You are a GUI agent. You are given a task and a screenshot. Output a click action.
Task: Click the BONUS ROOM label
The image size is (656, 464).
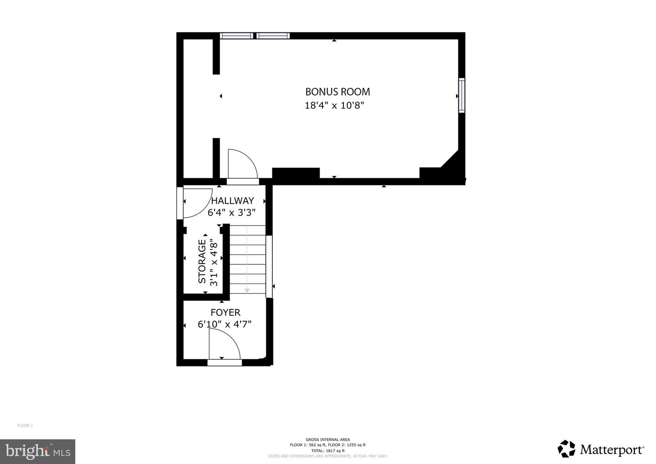(x=337, y=92)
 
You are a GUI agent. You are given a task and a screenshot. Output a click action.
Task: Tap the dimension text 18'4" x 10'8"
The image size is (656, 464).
(x=334, y=106)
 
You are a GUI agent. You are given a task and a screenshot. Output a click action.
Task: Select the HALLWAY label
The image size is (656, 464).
(x=232, y=201)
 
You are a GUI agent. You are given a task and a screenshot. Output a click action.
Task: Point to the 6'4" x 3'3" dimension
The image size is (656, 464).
(x=231, y=212)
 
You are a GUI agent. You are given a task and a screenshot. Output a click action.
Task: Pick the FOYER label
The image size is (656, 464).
(x=225, y=313)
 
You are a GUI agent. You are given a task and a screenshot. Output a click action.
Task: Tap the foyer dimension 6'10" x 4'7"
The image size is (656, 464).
(x=225, y=325)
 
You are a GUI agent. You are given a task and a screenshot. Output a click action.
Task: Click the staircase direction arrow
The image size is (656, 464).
(x=247, y=289)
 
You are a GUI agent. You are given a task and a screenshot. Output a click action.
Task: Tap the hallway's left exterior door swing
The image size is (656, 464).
(x=197, y=202)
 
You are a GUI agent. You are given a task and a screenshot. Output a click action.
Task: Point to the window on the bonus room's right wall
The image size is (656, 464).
(x=461, y=96)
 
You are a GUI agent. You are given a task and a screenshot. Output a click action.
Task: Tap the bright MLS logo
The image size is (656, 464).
(x=37, y=451)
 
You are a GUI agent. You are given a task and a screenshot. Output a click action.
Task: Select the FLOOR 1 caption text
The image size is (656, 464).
(x=25, y=426)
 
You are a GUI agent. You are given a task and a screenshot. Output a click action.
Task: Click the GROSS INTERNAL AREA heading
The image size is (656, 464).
(x=328, y=439)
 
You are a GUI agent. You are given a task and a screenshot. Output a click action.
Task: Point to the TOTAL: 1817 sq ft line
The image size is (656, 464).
(x=328, y=450)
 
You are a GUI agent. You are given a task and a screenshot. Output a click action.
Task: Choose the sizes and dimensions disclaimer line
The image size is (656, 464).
(x=328, y=456)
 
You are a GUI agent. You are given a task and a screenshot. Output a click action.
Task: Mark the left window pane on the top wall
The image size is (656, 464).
(x=236, y=36)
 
